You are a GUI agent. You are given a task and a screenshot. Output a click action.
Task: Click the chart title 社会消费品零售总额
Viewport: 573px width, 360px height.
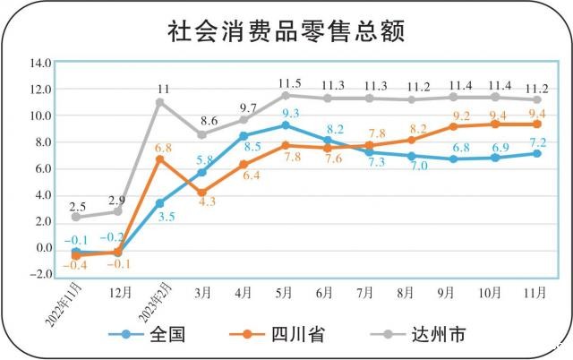286,31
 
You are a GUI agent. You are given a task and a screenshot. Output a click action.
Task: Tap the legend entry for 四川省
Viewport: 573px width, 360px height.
297,335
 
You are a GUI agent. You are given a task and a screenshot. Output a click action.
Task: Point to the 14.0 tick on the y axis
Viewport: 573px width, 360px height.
40,64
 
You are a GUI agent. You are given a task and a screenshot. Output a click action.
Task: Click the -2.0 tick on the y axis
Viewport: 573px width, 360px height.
40,274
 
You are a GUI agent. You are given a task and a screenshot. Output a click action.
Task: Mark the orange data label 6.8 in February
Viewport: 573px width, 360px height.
163,147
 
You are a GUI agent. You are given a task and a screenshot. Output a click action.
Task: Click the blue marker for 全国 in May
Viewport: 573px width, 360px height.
286,125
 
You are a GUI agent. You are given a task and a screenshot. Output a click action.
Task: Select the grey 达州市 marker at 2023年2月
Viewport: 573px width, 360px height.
159,102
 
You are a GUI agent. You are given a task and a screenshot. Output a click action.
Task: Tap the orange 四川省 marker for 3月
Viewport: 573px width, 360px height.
201,193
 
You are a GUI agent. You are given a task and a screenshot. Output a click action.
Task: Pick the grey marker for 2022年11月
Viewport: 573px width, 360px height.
76,217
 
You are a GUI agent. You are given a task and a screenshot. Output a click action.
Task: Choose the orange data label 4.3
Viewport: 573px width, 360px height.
207,203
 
